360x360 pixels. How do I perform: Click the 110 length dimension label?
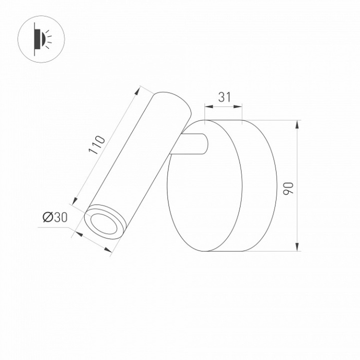(x=97, y=145)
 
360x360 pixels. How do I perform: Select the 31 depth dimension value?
(x=224, y=97)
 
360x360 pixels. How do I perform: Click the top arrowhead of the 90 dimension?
(x=297, y=125)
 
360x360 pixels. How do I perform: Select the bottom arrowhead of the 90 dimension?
(x=297, y=246)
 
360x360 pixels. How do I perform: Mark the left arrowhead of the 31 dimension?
(x=208, y=106)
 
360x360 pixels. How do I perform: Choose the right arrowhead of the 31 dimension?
(x=240, y=106)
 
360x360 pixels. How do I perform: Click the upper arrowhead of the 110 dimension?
(x=138, y=91)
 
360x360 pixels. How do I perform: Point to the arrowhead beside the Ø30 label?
(x=79, y=233)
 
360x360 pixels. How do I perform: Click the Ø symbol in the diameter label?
(x=46, y=218)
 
